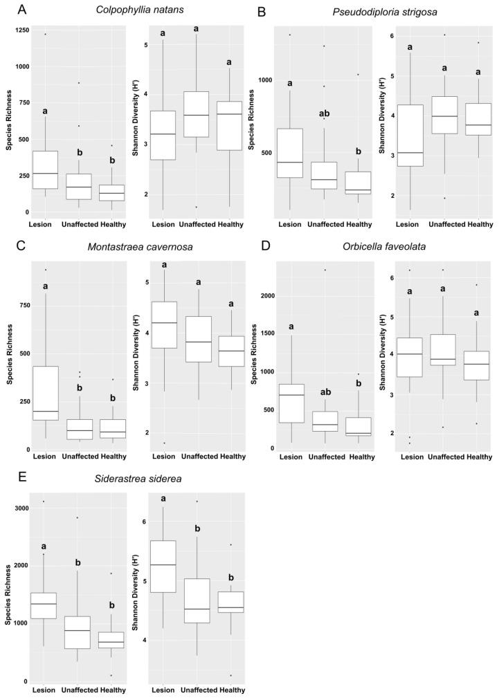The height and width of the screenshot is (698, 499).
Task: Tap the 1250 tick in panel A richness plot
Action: (19, 30)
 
